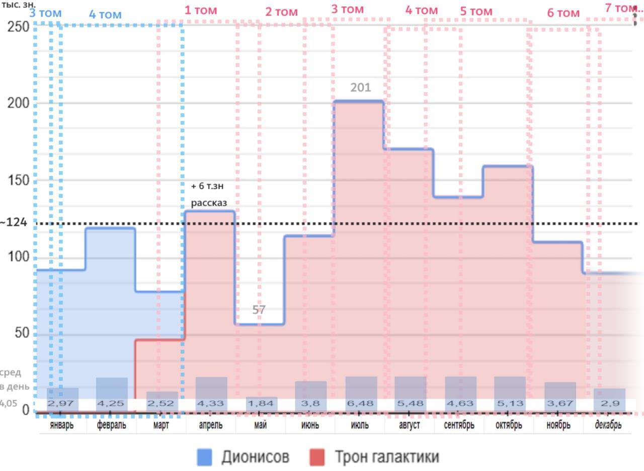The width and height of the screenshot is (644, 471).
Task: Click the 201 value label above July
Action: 360,88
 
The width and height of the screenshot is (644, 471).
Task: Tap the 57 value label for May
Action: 259,310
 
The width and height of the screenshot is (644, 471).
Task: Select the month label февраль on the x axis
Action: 111,425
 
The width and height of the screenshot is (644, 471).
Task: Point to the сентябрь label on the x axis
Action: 459,425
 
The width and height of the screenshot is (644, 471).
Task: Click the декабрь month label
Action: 608,425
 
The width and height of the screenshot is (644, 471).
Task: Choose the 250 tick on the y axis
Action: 18,27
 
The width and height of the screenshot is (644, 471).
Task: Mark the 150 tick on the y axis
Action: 18,181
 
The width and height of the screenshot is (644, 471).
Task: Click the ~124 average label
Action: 14,222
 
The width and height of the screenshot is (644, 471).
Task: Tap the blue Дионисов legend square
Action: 204,457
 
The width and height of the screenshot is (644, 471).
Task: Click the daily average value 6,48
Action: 361,404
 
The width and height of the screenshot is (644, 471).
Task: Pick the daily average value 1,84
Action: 261,404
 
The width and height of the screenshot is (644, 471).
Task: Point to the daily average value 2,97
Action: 62,404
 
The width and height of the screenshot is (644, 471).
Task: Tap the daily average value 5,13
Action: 509,404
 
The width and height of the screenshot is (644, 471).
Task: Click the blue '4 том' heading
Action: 105,15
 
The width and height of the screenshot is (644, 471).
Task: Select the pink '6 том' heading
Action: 563,13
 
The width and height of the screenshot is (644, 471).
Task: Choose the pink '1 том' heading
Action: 200,10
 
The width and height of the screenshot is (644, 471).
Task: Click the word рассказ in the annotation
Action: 208,203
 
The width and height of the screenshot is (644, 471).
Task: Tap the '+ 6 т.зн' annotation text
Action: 207,186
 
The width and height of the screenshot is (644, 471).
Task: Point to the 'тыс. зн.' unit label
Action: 18,4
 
